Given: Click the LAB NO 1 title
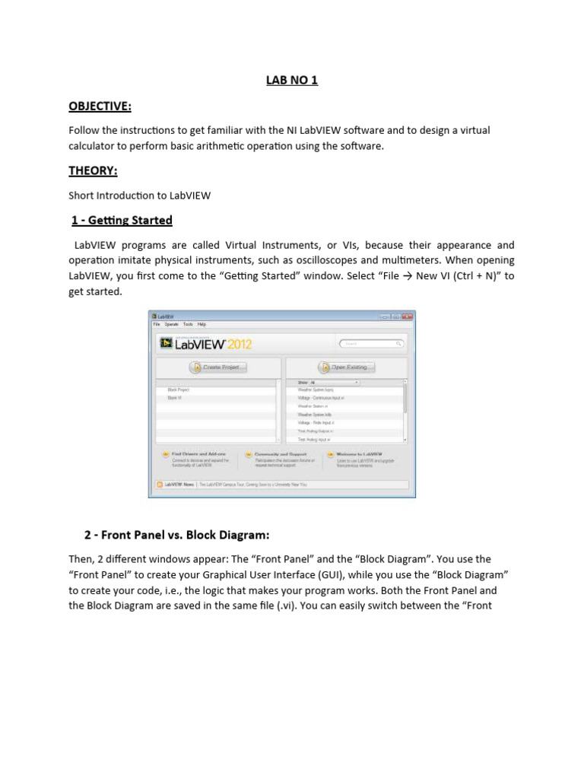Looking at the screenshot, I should (x=292, y=80).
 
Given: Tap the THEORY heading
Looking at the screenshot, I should (x=93, y=170).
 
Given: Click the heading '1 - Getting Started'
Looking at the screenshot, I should (x=122, y=221).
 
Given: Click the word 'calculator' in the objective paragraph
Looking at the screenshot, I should (x=94, y=145).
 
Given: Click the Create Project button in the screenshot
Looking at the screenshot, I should (x=217, y=367).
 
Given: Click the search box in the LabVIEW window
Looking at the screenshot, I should (x=370, y=344).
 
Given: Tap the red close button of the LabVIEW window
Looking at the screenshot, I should (x=408, y=316).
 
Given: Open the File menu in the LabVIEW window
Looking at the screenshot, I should (x=157, y=325).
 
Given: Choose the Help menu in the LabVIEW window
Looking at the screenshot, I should (x=202, y=325).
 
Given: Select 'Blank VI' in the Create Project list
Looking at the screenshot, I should (x=175, y=397).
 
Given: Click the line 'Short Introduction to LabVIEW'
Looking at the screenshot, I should (x=140, y=196).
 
